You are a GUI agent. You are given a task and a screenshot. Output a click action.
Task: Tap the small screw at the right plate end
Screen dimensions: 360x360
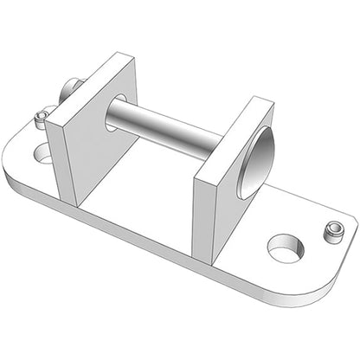click(331, 231)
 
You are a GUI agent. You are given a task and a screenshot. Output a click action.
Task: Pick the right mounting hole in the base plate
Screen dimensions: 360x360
click(285, 248)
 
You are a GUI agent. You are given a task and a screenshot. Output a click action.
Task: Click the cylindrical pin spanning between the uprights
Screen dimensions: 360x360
click(164, 128)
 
